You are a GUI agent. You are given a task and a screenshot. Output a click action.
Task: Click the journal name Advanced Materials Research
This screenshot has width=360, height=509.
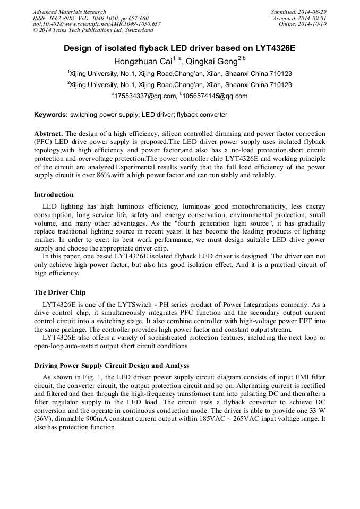[x=69, y=12]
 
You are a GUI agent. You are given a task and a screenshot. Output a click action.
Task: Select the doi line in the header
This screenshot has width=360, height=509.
[x=97, y=24]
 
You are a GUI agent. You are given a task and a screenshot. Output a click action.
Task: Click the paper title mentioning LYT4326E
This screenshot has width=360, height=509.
[x=179, y=48]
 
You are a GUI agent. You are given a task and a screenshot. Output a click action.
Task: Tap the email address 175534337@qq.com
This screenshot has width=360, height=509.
[x=145, y=96]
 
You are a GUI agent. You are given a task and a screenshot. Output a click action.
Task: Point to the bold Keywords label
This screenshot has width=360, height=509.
[x=51, y=115]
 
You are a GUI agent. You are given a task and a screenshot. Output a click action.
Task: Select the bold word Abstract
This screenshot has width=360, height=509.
[x=48, y=133]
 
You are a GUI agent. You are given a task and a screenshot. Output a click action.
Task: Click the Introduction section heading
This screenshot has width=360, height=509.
[x=54, y=195]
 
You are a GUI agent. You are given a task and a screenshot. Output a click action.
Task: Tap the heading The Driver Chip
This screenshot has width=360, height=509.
[x=59, y=292]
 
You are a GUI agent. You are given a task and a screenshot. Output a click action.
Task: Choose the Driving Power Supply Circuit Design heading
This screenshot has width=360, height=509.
[x=112, y=366]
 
